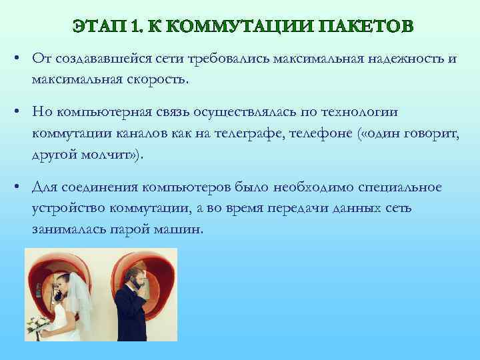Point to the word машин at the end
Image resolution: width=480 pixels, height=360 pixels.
pos(181,229)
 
